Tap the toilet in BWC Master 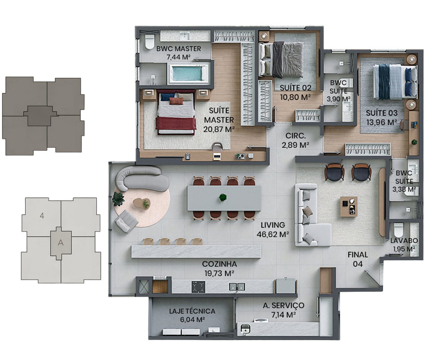coord(150,42)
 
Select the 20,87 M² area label coord(219,129)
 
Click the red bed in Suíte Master coord(176,113)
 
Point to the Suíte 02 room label coord(295,88)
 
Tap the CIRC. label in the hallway coord(295,136)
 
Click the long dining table coord(224,198)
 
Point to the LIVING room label coord(273,225)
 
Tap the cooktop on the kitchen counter coord(198,287)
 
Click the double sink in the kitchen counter coord(237,287)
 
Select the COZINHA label coord(220,264)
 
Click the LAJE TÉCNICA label coord(192,311)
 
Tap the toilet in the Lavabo coord(398,230)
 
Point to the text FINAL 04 coord(358,260)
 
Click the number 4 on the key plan coord(42,216)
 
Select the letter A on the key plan coord(61,243)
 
